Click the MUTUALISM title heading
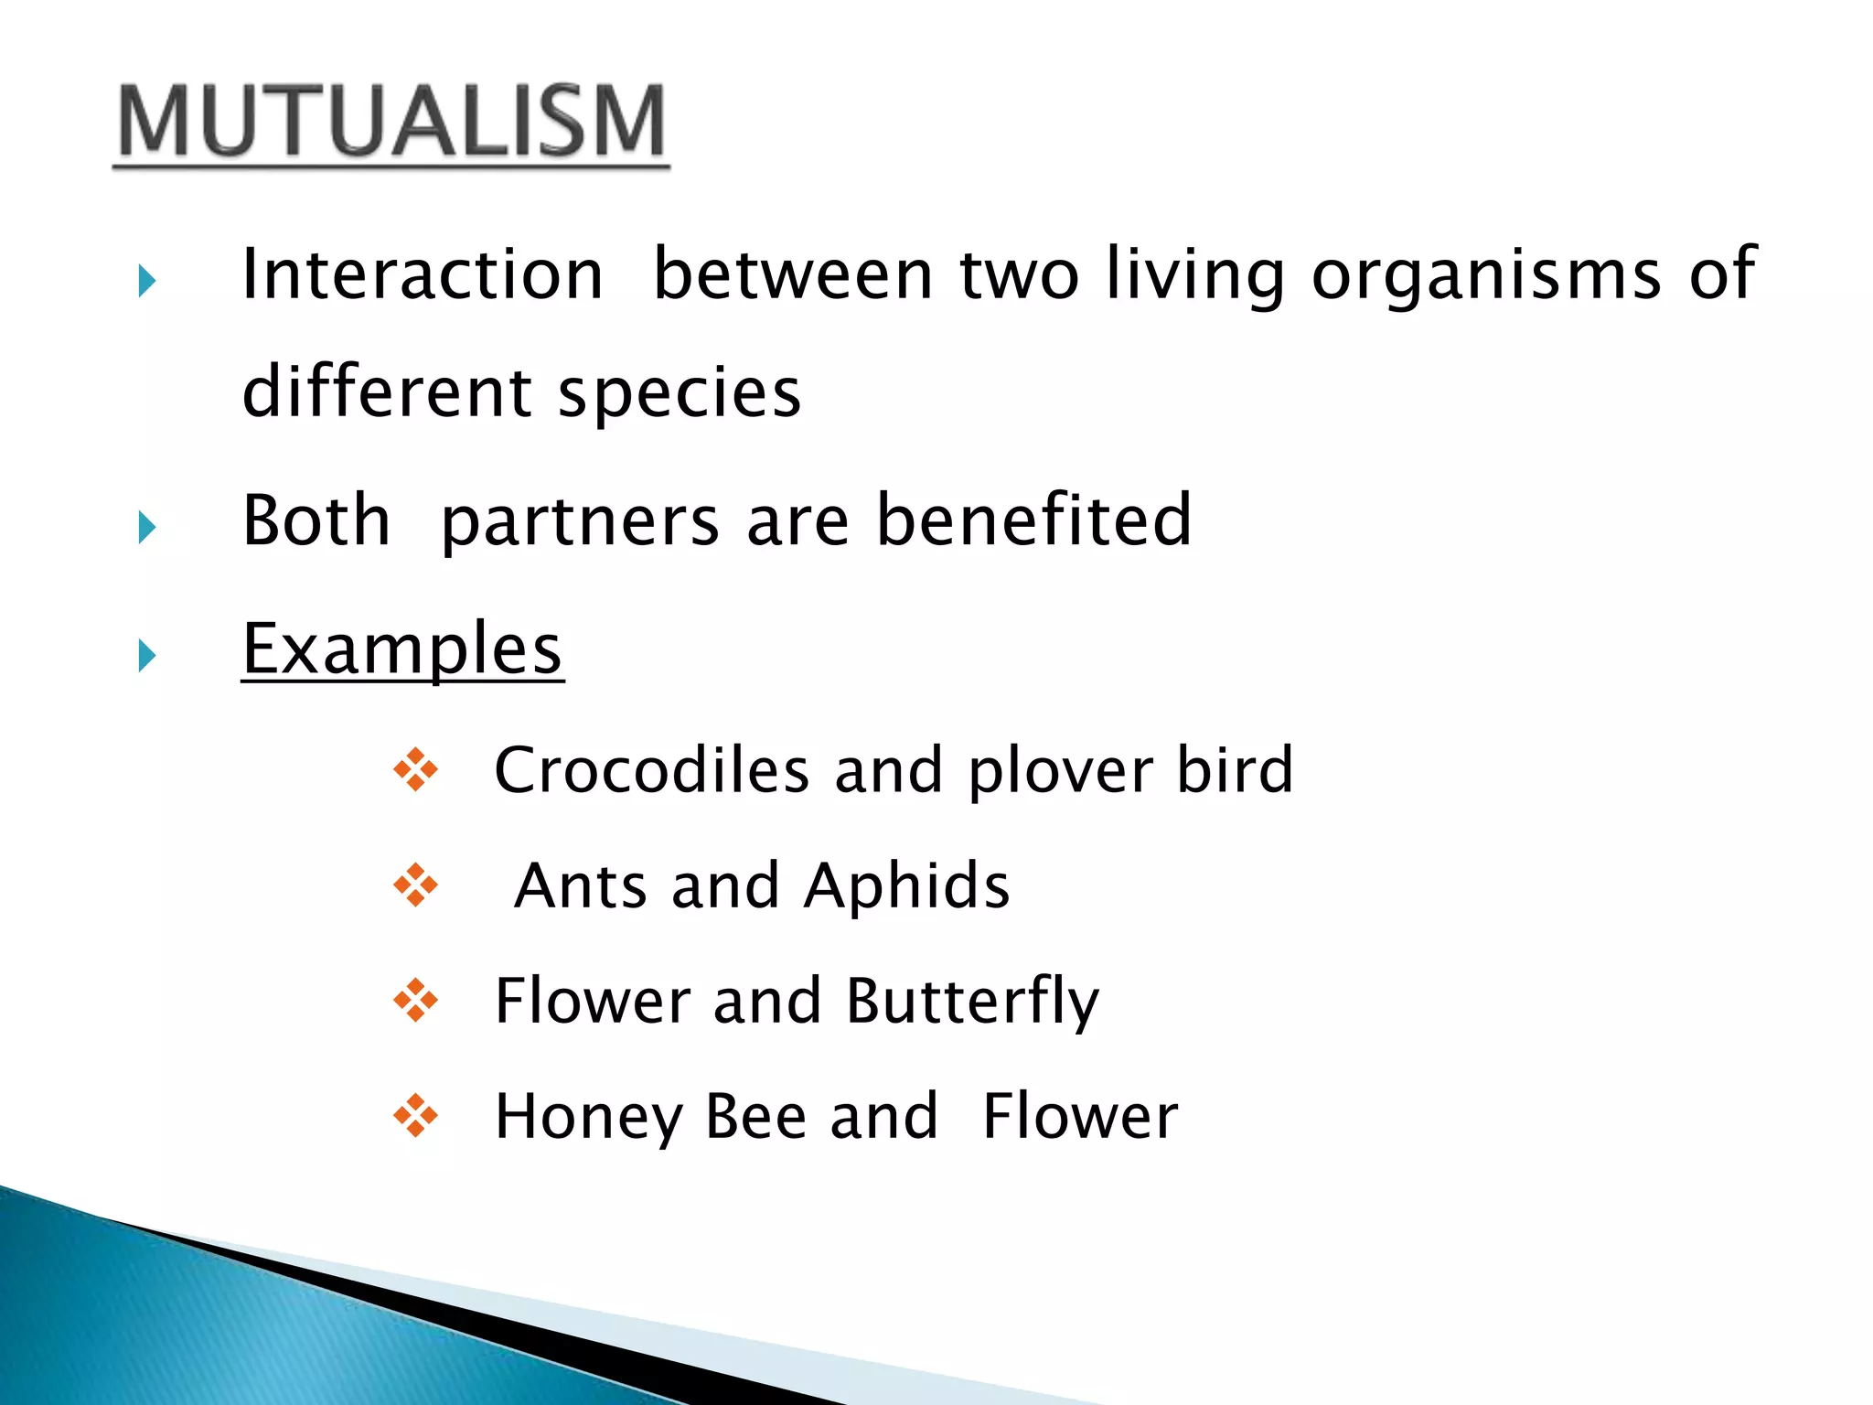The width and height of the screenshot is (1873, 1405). (x=391, y=123)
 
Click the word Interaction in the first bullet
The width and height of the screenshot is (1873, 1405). (x=423, y=274)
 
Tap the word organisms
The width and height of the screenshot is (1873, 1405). (x=1486, y=274)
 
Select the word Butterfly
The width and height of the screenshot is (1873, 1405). (x=972, y=1002)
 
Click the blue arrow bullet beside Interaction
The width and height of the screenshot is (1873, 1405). (x=147, y=281)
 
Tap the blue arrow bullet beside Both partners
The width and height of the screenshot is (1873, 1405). (x=147, y=527)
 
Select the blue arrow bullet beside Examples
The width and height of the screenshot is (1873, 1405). (x=147, y=655)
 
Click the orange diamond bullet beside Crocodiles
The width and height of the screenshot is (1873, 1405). (x=415, y=770)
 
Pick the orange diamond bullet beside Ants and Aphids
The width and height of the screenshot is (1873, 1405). (x=415, y=885)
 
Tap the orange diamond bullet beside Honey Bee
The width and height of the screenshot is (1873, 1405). (x=415, y=1116)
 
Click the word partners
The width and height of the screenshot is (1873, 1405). (x=580, y=521)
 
